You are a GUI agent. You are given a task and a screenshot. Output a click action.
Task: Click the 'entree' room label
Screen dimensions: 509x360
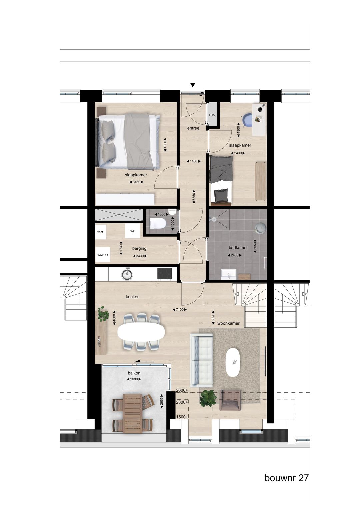[x=193, y=128]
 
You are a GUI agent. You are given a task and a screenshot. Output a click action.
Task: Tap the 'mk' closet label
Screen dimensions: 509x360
[x=212, y=115]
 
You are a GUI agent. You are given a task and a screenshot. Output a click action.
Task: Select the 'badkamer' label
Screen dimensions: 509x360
[x=238, y=248]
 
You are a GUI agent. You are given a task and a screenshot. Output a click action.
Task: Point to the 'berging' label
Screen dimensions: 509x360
[x=139, y=248]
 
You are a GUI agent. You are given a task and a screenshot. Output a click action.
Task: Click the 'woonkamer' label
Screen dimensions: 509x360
[x=228, y=323]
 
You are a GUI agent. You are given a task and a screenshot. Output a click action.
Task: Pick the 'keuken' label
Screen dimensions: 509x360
[x=133, y=297]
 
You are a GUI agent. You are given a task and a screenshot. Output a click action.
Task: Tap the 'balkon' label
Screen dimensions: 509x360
[x=134, y=373]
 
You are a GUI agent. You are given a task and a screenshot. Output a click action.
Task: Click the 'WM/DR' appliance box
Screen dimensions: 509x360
[x=102, y=255]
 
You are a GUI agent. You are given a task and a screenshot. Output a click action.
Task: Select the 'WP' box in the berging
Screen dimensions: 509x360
[x=133, y=231]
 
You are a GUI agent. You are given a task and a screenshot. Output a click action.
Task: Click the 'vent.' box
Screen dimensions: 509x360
[x=100, y=232]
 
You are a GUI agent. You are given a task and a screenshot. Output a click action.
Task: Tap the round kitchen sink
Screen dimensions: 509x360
[x=127, y=274]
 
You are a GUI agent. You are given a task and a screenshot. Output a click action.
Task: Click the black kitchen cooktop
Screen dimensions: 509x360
[x=164, y=274]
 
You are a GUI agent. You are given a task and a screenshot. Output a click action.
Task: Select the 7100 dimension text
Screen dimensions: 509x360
[x=180, y=310]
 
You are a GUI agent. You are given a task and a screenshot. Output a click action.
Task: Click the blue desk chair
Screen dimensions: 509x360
[x=247, y=120]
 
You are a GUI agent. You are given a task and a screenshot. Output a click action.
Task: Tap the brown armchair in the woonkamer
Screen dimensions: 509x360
[x=230, y=400]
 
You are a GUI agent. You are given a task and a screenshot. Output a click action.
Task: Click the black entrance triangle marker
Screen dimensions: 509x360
[x=193, y=85]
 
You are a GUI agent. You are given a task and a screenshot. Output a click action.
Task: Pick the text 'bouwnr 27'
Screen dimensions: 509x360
[x=286, y=478]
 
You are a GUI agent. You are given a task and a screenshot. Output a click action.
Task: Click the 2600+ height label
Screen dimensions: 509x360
[x=182, y=390]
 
